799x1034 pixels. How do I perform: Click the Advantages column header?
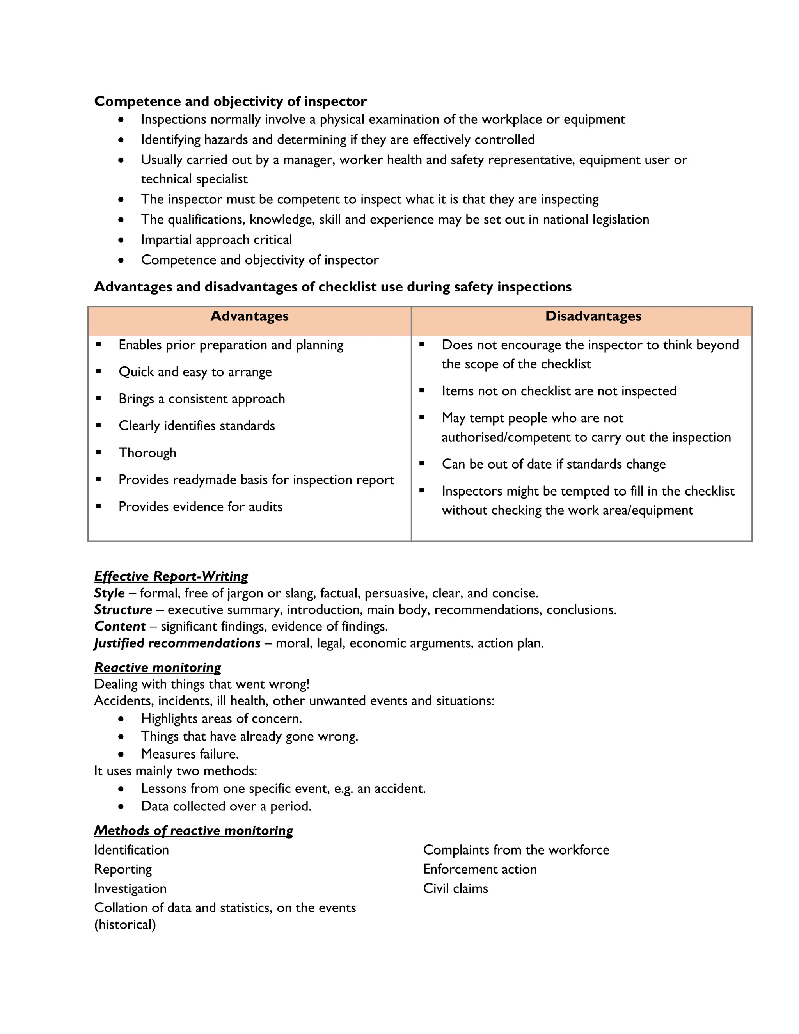(x=249, y=316)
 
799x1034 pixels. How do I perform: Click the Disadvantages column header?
(x=593, y=316)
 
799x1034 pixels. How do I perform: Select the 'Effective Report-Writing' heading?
(x=171, y=576)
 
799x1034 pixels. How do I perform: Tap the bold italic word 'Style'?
(x=109, y=593)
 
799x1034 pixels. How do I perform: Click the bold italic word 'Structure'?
(x=123, y=610)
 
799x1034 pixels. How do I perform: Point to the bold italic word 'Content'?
(x=120, y=626)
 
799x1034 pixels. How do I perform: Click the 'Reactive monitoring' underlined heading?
(x=158, y=668)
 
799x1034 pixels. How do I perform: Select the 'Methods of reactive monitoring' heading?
(x=194, y=830)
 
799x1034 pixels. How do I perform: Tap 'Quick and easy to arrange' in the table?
(x=195, y=372)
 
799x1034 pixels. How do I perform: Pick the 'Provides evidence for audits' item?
(x=200, y=507)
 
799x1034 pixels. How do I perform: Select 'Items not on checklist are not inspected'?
(x=559, y=391)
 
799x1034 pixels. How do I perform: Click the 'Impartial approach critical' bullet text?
(x=216, y=240)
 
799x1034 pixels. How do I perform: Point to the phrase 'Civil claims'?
(x=455, y=888)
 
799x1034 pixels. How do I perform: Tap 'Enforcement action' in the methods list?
(x=480, y=869)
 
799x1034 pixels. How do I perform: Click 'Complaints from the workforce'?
(x=516, y=850)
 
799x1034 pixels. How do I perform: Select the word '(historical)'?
(x=125, y=925)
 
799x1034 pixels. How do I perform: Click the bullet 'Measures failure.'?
(x=190, y=754)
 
